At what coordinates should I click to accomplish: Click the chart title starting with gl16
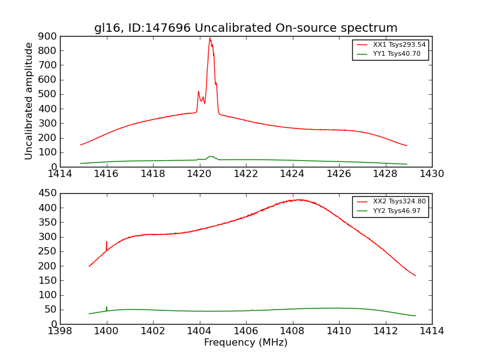245,28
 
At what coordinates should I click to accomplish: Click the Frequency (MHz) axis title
245,343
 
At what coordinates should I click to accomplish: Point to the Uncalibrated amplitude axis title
29,101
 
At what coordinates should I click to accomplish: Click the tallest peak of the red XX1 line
210,39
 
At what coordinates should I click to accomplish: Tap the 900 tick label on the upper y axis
48,36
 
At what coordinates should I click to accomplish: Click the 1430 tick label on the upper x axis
431,174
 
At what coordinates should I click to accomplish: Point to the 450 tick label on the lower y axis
48,193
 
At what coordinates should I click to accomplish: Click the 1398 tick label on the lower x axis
61,331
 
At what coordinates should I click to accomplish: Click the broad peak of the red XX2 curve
298,200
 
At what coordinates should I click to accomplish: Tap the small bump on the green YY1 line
211,157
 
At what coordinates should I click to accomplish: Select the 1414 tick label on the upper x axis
61,174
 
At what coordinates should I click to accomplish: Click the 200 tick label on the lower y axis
48,266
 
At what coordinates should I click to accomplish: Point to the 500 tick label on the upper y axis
48,94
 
